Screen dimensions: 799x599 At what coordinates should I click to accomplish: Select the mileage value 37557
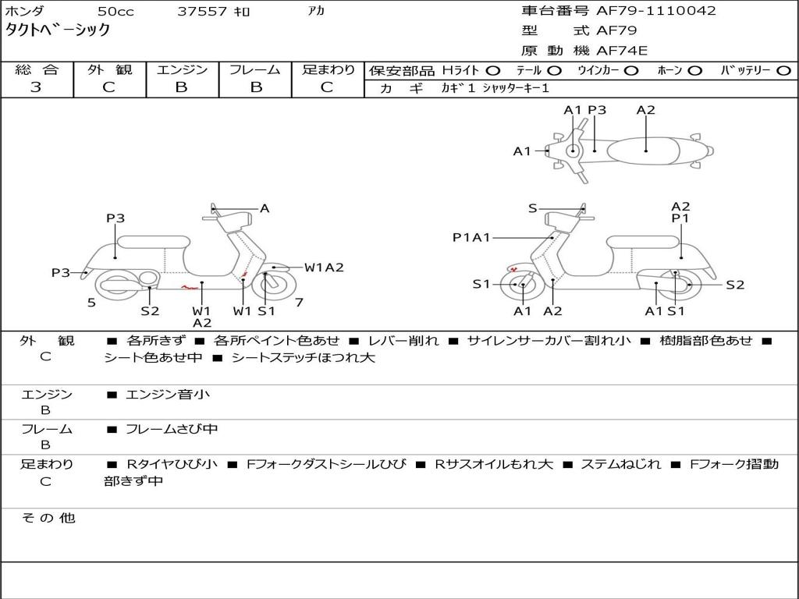tap(202, 12)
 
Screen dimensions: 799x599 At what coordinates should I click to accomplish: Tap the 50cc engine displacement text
tap(115, 12)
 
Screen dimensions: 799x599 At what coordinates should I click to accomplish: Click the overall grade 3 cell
tap(36, 87)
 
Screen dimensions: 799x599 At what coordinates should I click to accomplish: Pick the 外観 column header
tap(109, 69)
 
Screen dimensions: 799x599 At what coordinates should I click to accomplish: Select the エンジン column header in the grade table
tap(182, 69)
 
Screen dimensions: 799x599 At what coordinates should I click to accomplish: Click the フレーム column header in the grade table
tap(254, 69)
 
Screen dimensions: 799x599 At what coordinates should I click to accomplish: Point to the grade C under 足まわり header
tap(327, 87)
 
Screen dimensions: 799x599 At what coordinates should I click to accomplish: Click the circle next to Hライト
tap(493, 70)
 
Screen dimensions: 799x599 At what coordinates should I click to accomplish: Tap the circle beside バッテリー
tap(783, 70)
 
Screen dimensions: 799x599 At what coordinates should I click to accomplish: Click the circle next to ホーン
tap(694, 70)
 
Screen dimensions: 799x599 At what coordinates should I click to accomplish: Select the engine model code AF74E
tap(622, 51)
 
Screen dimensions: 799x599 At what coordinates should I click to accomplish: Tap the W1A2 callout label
tap(324, 268)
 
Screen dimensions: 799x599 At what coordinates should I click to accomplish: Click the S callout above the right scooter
tap(533, 208)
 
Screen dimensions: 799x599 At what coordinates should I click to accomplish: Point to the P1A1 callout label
tap(471, 238)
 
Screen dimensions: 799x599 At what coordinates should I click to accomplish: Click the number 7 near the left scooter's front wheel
tap(299, 302)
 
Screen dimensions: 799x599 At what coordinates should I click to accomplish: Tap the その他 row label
tap(47, 518)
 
